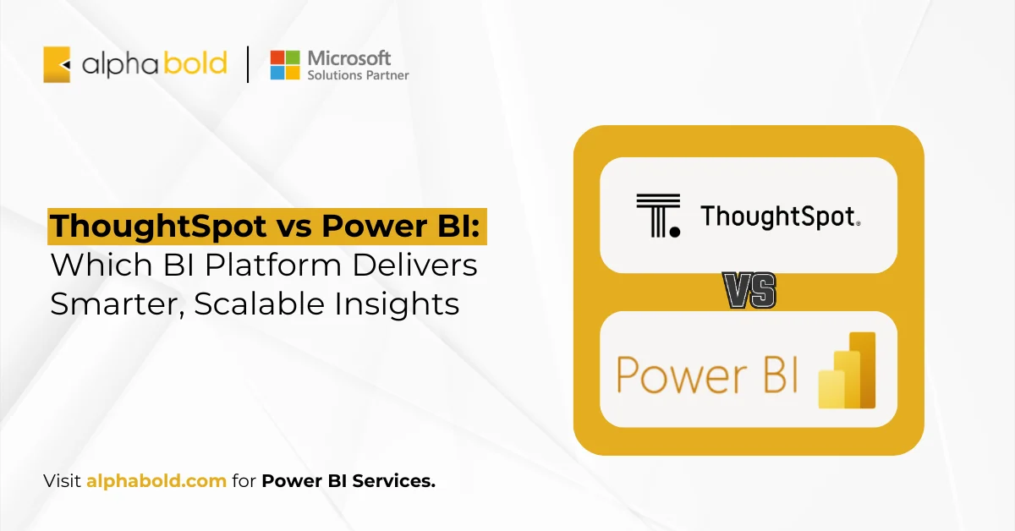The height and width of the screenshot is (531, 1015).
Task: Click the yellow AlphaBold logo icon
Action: pyautogui.click(x=57, y=64)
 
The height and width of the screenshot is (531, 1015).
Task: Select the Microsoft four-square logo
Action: pyautogui.click(x=285, y=65)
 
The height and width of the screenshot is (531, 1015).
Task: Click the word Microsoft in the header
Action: pyautogui.click(x=348, y=57)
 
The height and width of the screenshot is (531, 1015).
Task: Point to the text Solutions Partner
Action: pyautogui.click(x=358, y=75)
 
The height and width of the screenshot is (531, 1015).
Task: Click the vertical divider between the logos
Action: pyautogui.click(x=248, y=64)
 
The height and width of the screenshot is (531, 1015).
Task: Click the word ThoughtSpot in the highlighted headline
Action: pyautogui.click(x=140, y=227)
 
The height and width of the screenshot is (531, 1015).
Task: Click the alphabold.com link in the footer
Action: pyautogui.click(x=156, y=481)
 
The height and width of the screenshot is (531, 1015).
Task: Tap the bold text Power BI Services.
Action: pyautogui.click(x=348, y=481)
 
